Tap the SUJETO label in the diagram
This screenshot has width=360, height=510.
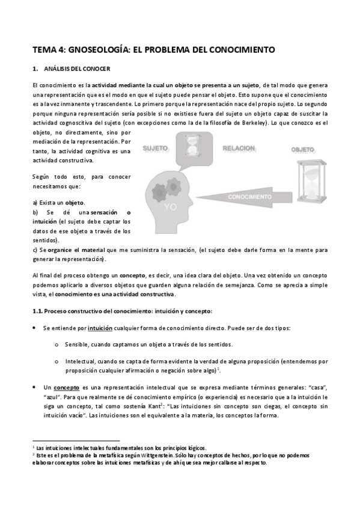(x=155, y=147)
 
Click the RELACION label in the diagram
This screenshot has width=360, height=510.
(x=239, y=147)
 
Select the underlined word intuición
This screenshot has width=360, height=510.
(x=100, y=328)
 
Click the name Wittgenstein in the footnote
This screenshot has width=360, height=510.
(x=143, y=455)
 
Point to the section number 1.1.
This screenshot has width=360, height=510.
(x=37, y=311)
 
